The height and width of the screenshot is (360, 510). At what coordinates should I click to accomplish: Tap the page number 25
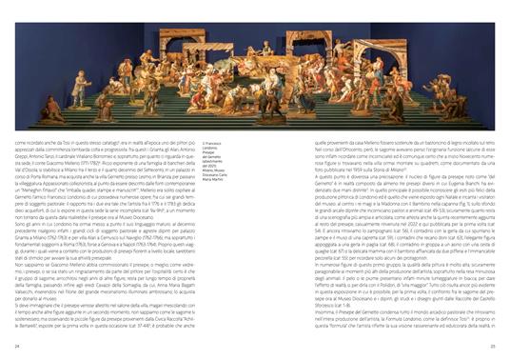[x=491, y=345]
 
